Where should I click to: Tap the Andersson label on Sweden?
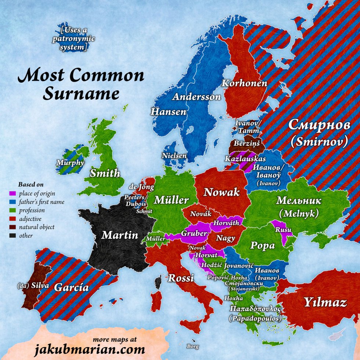point(197,97)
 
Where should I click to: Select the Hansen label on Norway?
point(169,112)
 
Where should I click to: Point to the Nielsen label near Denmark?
point(174,156)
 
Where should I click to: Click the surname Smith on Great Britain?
point(105,173)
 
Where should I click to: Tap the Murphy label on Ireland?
point(70,162)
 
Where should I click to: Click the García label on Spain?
point(71,287)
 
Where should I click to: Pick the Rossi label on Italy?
point(181,278)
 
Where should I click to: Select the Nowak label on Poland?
point(222,192)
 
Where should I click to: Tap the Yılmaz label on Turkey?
point(325,303)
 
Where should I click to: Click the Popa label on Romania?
point(262,245)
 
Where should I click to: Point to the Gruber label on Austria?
point(192,233)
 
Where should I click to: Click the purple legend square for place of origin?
point(12,193)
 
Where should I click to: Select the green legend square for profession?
point(12,210)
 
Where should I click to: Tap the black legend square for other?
point(12,236)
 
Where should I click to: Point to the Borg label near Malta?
point(192,346)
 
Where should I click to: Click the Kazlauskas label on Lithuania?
point(246,158)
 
